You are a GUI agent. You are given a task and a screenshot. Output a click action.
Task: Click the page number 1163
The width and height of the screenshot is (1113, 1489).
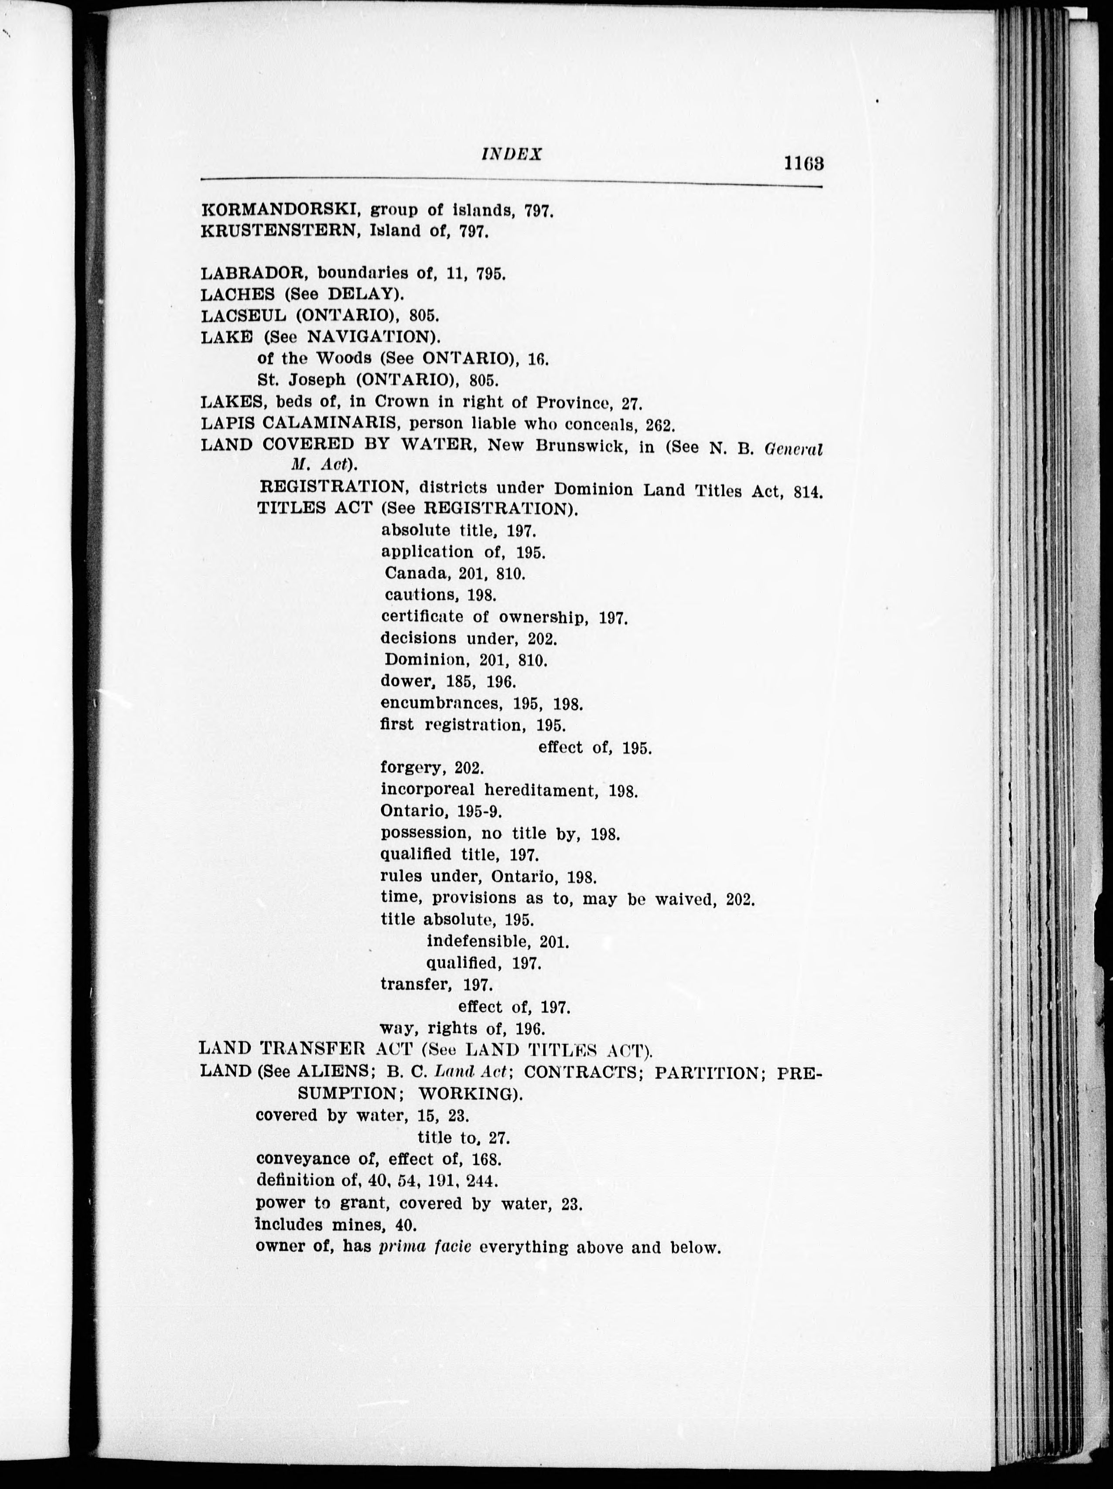pyautogui.click(x=804, y=163)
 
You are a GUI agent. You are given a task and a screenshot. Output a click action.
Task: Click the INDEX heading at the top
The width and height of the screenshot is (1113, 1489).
pyautogui.click(x=512, y=154)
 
